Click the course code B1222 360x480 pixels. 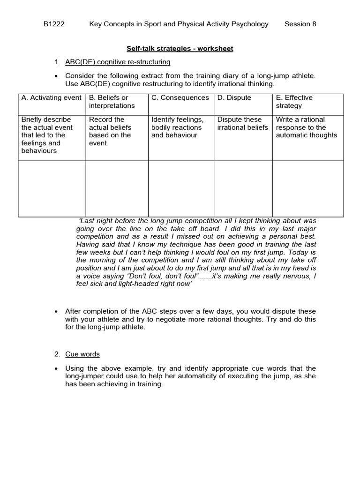coord(54,24)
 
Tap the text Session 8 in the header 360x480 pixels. coord(300,24)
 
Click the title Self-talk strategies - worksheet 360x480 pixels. coord(180,49)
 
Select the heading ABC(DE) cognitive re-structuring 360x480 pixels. coord(118,62)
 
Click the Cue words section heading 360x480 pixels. coord(82,354)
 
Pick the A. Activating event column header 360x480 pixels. coord(51,98)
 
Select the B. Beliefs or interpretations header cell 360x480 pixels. coord(112,102)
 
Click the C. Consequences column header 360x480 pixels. coord(180,98)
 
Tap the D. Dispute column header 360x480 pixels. coord(234,98)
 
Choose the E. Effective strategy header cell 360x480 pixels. coord(294,102)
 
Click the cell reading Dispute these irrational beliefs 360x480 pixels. coord(243,124)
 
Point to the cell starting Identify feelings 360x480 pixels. coord(177,127)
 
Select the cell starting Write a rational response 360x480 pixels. coord(307,127)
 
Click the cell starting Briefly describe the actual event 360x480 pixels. coord(47,135)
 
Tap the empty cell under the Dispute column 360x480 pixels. coord(243,189)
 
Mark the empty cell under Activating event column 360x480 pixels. coord(52,189)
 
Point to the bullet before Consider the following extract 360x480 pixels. coord(57,76)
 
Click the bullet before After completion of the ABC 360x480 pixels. coord(57,312)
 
